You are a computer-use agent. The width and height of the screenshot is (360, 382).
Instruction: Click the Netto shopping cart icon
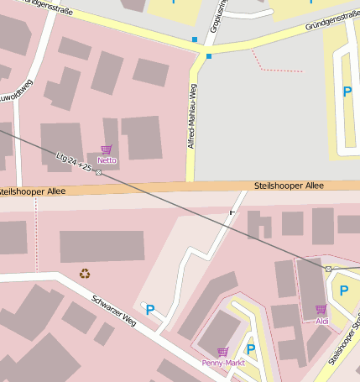click(107, 149)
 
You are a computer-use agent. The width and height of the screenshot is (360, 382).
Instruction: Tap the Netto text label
click(107, 160)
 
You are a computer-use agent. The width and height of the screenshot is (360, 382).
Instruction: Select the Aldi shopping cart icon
click(321, 309)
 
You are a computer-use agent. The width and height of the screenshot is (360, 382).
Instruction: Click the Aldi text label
click(321, 321)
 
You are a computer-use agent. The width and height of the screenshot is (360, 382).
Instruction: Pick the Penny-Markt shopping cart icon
click(222, 352)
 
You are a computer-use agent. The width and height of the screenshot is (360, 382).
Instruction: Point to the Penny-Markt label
click(222, 364)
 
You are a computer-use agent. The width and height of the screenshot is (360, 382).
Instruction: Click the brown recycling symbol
click(85, 272)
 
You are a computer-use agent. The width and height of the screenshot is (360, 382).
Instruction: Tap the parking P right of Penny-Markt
click(250, 348)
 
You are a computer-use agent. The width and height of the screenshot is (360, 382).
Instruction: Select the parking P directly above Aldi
click(343, 290)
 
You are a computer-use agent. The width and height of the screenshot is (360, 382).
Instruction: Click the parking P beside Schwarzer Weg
click(151, 310)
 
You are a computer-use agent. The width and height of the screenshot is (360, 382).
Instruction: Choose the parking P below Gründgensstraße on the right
click(347, 92)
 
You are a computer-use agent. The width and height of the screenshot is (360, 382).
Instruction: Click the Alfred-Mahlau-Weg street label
click(192, 118)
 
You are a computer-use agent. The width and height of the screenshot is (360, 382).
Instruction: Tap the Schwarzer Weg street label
click(113, 311)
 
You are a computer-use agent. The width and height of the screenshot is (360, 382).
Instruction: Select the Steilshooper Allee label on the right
click(288, 186)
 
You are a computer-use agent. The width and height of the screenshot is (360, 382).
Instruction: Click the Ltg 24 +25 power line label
click(73, 162)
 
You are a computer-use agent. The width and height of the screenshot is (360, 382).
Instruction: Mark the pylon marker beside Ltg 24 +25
click(99, 172)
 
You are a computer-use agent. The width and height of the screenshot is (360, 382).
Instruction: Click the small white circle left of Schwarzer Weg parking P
click(143, 305)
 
